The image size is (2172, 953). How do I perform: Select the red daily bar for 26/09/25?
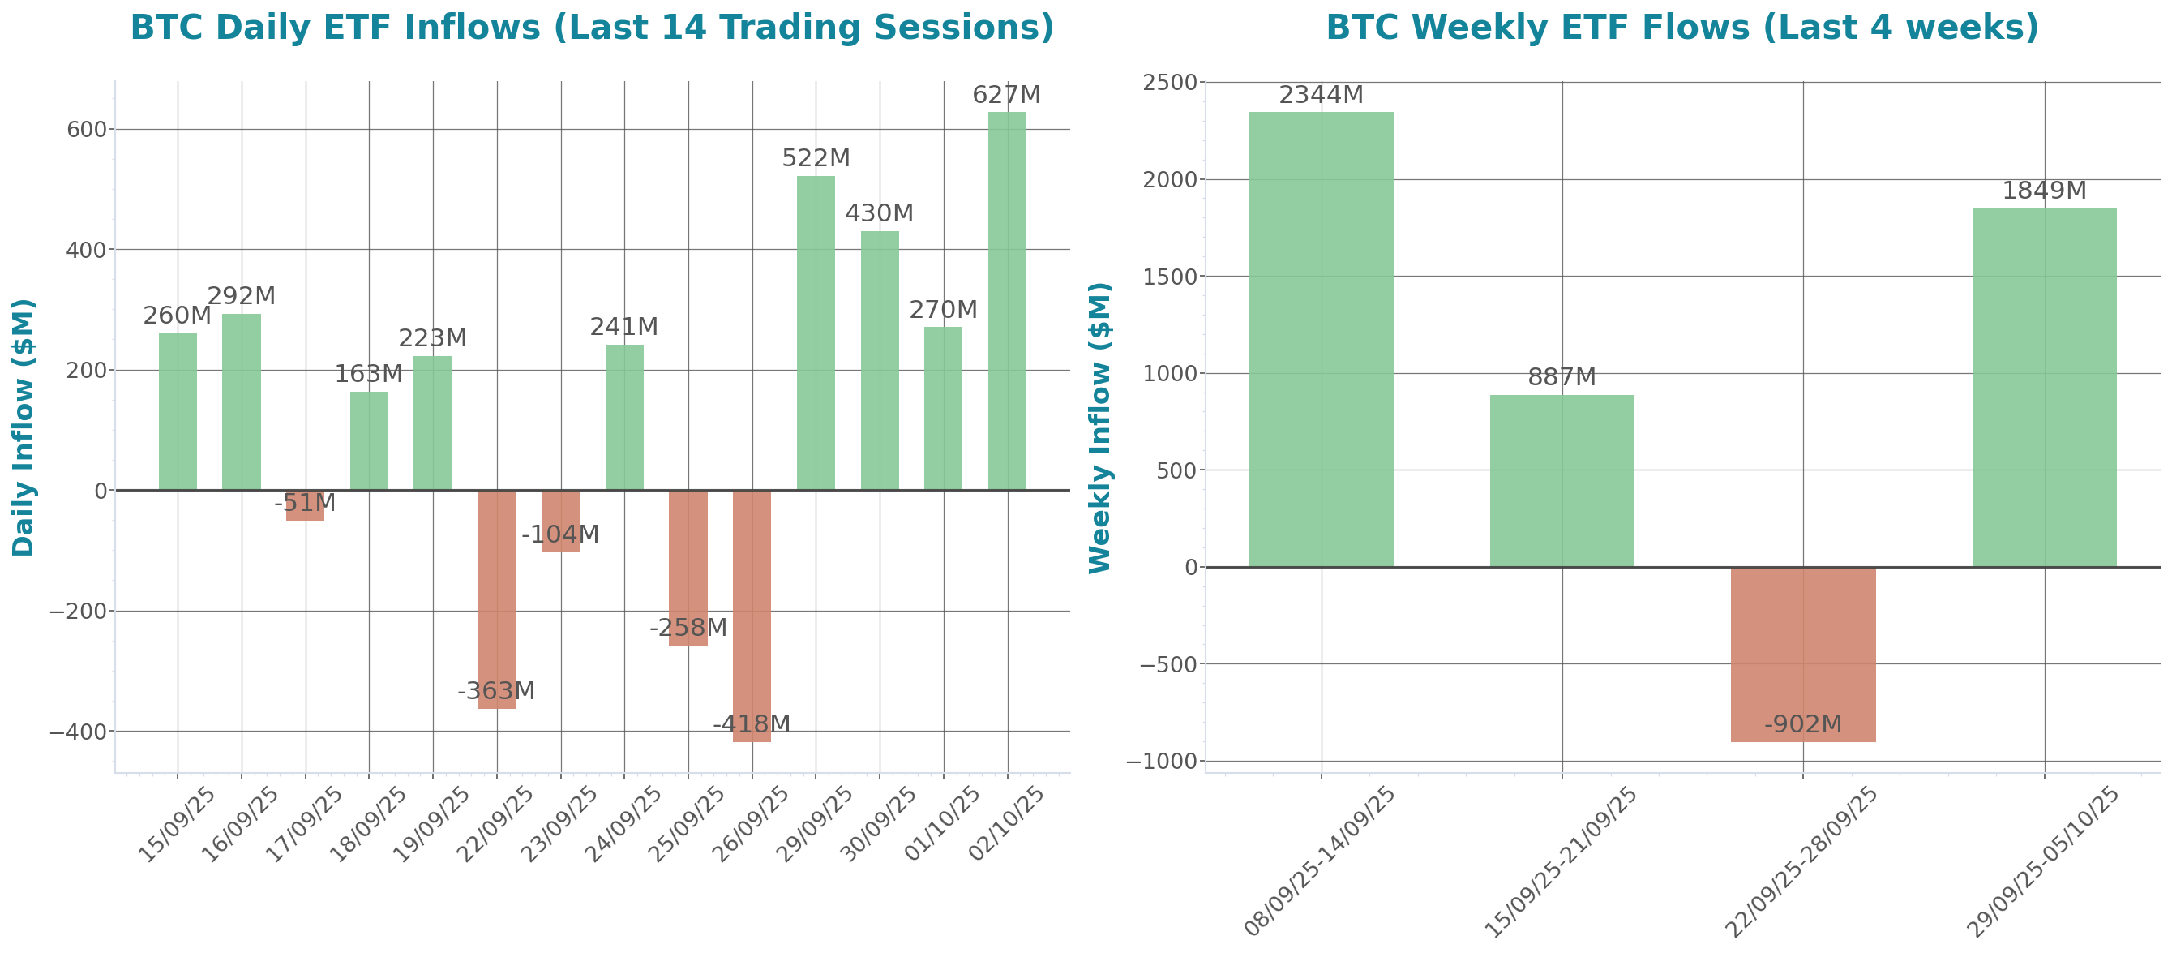click(752, 616)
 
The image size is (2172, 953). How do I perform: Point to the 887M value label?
click(1562, 378)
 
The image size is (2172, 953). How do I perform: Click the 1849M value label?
click(2044, 191)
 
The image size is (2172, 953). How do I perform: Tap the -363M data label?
click(496, 692)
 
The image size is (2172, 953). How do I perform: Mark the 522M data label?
click(816, 158)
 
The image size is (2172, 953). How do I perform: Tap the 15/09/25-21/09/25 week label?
click(1560, 862)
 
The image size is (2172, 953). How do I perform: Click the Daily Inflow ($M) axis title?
click(24, 427)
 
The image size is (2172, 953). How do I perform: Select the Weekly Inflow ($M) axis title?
click(1100, 427)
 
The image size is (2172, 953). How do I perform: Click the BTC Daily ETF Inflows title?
click(592, 28)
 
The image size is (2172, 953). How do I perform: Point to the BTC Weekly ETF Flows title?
click(1681, 28)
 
